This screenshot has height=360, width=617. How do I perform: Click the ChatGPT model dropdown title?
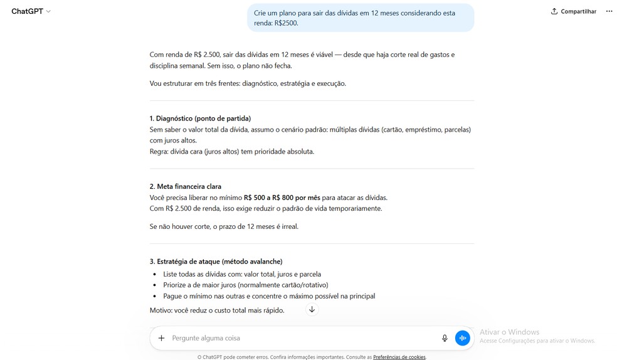tap(31, 11)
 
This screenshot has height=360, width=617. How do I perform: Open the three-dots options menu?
tap(609, 11)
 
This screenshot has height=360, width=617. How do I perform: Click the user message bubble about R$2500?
tap(360, 18)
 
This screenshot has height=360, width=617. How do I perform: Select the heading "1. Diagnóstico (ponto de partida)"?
tap(200, 119)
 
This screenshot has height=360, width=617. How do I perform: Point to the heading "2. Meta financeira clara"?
tap(185, 186)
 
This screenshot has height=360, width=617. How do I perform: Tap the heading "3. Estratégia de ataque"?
tap(216, 262)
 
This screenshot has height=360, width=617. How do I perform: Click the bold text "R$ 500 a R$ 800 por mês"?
tap(282, 198)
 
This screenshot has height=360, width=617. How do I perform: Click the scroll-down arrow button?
tap(312, 310)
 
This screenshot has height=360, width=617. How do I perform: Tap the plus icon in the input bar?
tap(161, 338)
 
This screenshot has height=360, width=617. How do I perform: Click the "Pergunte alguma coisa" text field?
tap(301, 338)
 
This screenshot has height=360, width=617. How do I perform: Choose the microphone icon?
tap(445, 338)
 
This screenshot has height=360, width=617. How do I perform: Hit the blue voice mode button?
tap(462, 338)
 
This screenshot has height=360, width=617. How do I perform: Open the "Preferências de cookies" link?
tap(399, 357)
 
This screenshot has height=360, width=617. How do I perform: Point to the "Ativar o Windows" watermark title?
tap(509, 332)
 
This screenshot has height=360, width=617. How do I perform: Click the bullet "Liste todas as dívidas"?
tap(241, 274)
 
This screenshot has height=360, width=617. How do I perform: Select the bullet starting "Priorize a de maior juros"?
tap(245, 285)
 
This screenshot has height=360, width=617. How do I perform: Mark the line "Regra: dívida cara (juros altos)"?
tap(231, 151)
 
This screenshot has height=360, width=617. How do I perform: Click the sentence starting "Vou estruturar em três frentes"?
tap(248, 83)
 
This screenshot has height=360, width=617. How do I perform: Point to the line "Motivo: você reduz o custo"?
tap(216, 310)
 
